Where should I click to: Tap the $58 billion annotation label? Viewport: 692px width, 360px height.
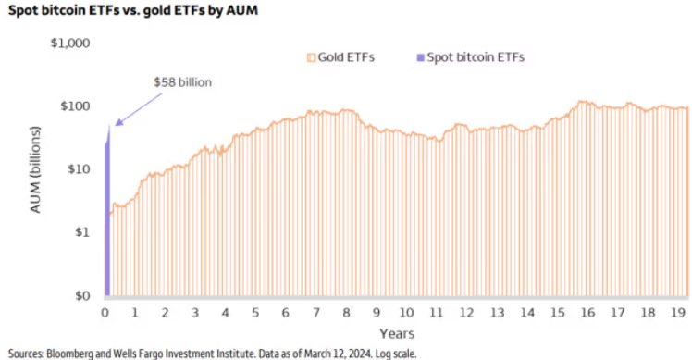point(182,82)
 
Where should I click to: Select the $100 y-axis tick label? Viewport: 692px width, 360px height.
point(74,106)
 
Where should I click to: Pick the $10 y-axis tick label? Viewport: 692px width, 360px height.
point(77,169)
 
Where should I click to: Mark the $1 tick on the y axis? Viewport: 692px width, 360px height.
point(80,232)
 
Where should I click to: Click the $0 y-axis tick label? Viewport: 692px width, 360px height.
point(80,296)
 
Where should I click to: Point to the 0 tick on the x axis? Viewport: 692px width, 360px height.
point(106,313)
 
